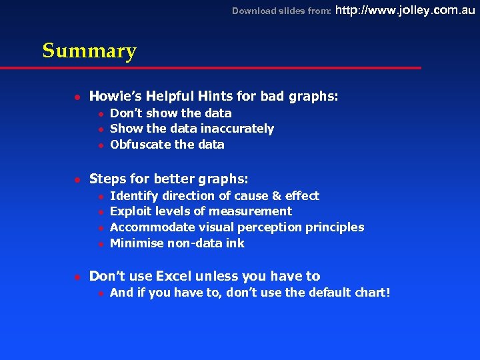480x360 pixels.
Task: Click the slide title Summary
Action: pos(89,51)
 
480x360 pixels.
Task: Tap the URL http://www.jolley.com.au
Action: pos(405,10)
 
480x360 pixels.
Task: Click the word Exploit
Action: pos(130,211)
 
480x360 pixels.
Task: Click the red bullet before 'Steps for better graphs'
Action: pos(77,179)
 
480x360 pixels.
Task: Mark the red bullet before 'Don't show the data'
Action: pos(99,114)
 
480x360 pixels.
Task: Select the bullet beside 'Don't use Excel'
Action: pos(77,276)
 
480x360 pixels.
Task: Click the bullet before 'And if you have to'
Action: pos(99,293)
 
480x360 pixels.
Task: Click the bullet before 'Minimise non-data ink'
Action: pos(99,244)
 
